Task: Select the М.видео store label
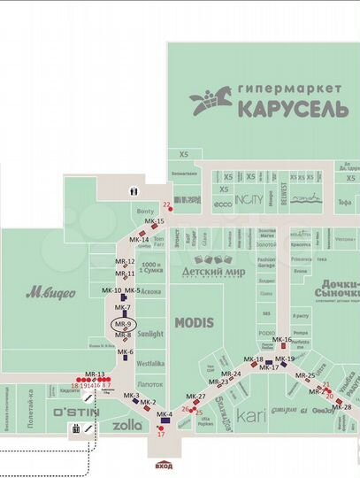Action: click(50, 291)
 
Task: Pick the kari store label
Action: click(252, 412)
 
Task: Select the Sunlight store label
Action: click(150, 335)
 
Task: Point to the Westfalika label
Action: click(151, 363)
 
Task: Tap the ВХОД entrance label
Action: click(164, 466)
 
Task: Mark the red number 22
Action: click(165, 204)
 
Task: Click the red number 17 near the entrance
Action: click(161, 435)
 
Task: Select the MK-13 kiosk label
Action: click(95, 374)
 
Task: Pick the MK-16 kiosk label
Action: click(282, 340)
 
